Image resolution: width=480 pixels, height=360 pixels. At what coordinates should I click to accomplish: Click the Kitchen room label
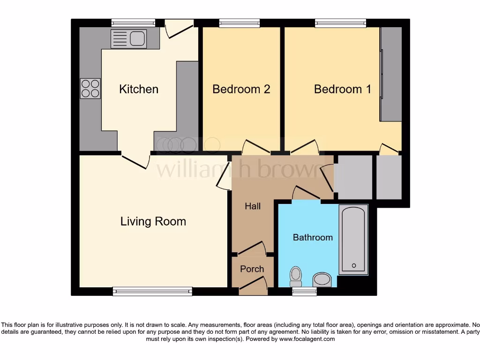139,89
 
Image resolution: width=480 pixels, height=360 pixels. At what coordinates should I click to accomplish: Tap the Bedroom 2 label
241,89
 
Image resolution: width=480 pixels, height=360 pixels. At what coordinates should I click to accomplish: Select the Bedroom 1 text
342,89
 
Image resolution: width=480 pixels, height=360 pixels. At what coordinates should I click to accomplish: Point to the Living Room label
153,221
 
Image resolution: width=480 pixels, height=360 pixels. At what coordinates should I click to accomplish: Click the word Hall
253,206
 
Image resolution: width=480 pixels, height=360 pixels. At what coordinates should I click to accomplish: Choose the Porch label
252,269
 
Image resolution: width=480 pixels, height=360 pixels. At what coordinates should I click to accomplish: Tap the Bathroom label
313,237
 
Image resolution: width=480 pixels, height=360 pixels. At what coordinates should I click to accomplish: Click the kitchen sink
129,38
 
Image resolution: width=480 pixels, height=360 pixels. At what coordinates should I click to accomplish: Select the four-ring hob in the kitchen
90,88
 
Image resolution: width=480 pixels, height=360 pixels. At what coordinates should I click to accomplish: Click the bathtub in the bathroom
353,239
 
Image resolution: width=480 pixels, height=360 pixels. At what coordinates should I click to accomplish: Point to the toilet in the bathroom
296,276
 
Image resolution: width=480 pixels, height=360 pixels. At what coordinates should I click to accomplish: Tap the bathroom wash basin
324,280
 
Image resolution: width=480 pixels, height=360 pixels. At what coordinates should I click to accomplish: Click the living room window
152,292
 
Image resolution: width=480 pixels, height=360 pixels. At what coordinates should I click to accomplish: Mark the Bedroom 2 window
239,23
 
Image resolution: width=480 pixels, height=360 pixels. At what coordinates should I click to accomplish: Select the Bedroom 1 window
340,23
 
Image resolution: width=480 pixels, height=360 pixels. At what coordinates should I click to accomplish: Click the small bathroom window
304,292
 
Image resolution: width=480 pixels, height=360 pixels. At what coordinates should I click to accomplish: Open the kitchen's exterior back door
179,28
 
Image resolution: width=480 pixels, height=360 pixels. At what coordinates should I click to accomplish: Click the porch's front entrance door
254,285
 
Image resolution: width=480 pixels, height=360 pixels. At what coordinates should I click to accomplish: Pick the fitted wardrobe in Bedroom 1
391,74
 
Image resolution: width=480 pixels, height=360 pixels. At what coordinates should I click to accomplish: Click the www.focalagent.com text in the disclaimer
307,339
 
